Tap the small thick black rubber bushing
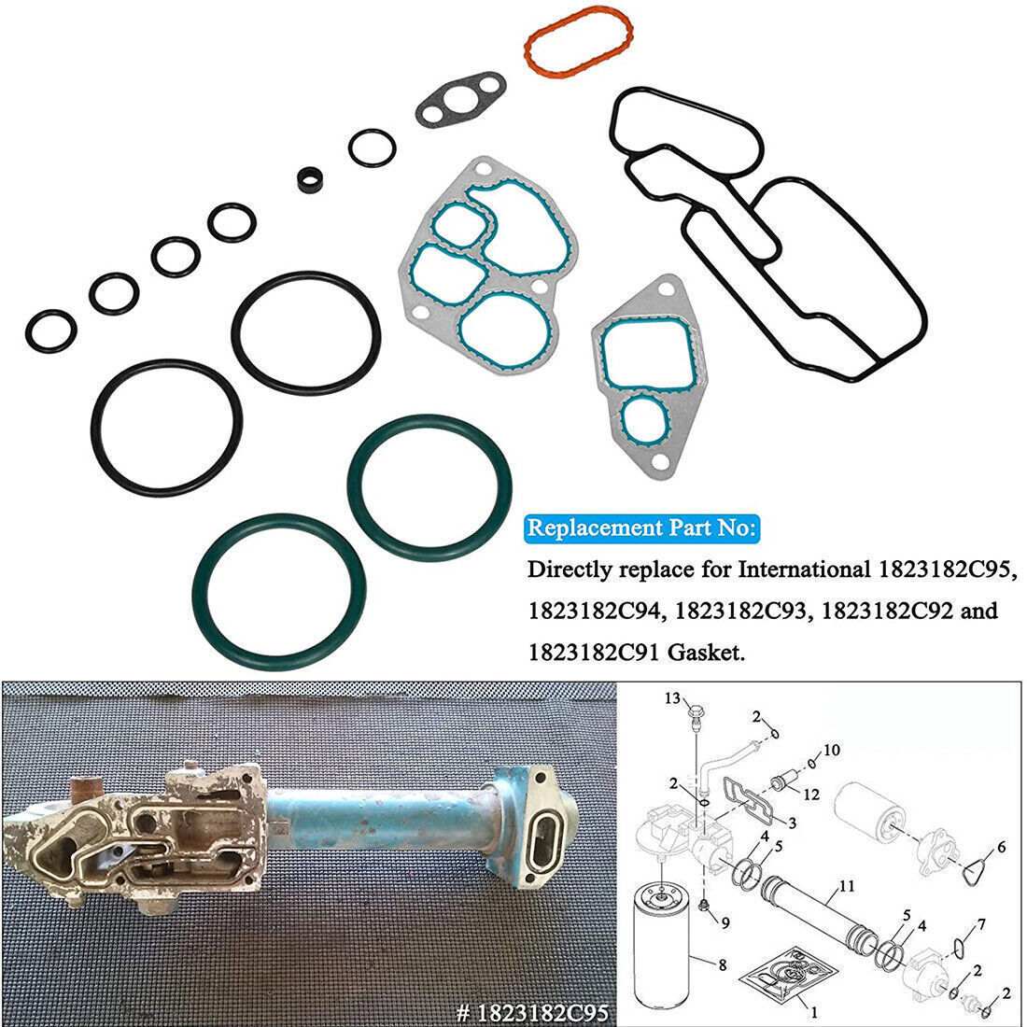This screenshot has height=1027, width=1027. tap(307, 180)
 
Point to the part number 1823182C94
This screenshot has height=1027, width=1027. tap(595, 612)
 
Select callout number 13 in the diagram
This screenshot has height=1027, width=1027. tap(672, 698)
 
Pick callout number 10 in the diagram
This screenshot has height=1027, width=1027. tap(833, 750)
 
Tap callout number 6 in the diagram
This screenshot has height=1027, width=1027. tap(1001, 848)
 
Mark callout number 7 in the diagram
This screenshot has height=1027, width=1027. tap(979, 925)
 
